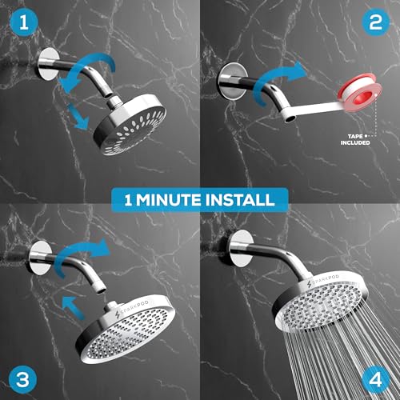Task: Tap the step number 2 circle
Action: coord(374,25)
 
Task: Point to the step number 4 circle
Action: coord(374,374)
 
